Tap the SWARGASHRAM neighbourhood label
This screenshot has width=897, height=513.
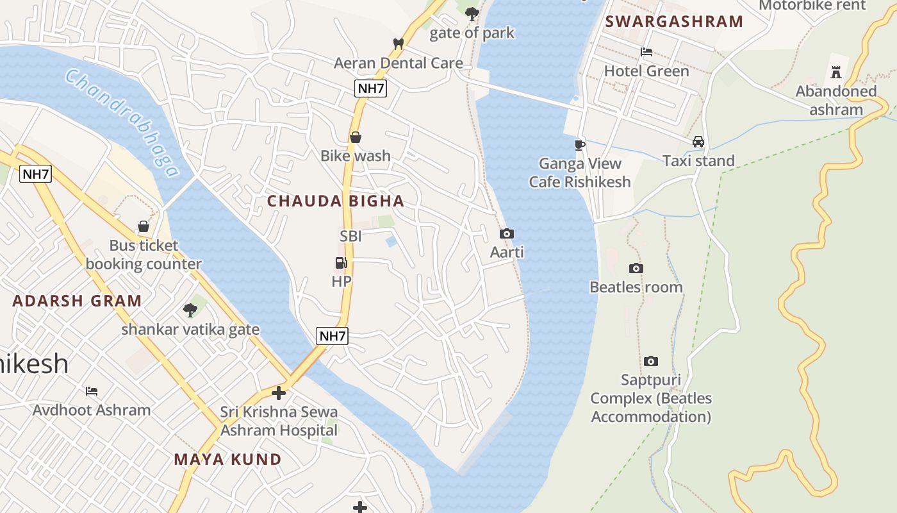pos(674,21)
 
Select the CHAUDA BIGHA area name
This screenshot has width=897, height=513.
pos(336,201)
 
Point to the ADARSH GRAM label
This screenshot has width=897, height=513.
pos(77,301)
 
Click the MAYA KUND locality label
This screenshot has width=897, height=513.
pos(227,459)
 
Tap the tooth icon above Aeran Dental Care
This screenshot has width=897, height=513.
pos(398,44)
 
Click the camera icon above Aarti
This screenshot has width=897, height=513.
pos(507,234)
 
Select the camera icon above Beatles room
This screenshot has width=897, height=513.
pos(636,268)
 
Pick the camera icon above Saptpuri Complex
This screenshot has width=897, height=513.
pos(651,362)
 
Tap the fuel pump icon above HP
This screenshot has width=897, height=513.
pos(342,262)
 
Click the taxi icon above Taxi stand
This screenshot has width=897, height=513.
pos(698,142)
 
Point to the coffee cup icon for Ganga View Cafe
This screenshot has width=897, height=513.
pos(580,145)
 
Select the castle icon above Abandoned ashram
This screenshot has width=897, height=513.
pos(835,72)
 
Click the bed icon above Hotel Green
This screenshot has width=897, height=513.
pos(646,52)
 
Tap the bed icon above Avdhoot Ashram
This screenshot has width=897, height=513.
pos(92,391)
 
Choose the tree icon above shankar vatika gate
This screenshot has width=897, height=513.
pos(190,310)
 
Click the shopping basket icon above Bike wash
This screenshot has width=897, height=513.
pos(356,137)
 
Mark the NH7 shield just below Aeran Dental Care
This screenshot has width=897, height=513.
pos(371,88)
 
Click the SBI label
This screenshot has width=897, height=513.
pos(350,236)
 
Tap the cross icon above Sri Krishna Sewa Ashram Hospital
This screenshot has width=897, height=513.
pos(279,392)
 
